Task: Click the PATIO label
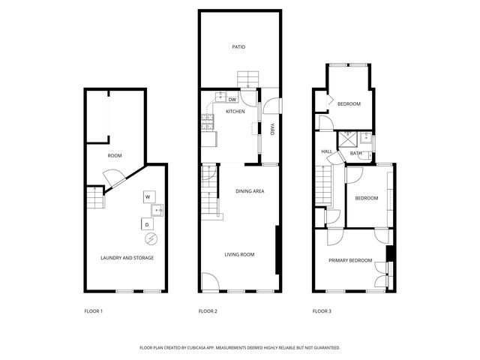pyautogui.click(x=238, y=46)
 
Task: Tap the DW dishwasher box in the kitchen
pyautogui.click(x=232, y=100)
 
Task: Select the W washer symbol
pyautogui.click(x=149, y=196)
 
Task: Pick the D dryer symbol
pyautogui.click(x=147, y=224)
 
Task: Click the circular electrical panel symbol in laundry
pyautogui.click(x=151, y=238)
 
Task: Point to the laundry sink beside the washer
pyautogui.click(x=157, y=210)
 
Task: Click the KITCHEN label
pyautogui.click(x=235, y=112)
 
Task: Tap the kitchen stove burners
pyautogui.click(x=207, y=121)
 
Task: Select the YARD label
pyautogui.click(x=271, y=129)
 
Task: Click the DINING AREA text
pyautogui.click(x=250, y=191)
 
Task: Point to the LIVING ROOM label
pyautogui.click(x=239, y=254)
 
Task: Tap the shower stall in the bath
pyautogui.click(x=348, y=139)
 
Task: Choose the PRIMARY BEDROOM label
pyautogui.click(x=350, y=260)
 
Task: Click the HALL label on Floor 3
pyautogui.click(x=327, y=151)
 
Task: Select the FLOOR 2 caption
pyautogui.click(x=208, y=311)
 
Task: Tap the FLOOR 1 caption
pyautogui.click(x=93, y=311)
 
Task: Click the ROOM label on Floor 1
pyautogui.click(x=115, y=155)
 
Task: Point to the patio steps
pyautogui.click(x=248, y=79)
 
